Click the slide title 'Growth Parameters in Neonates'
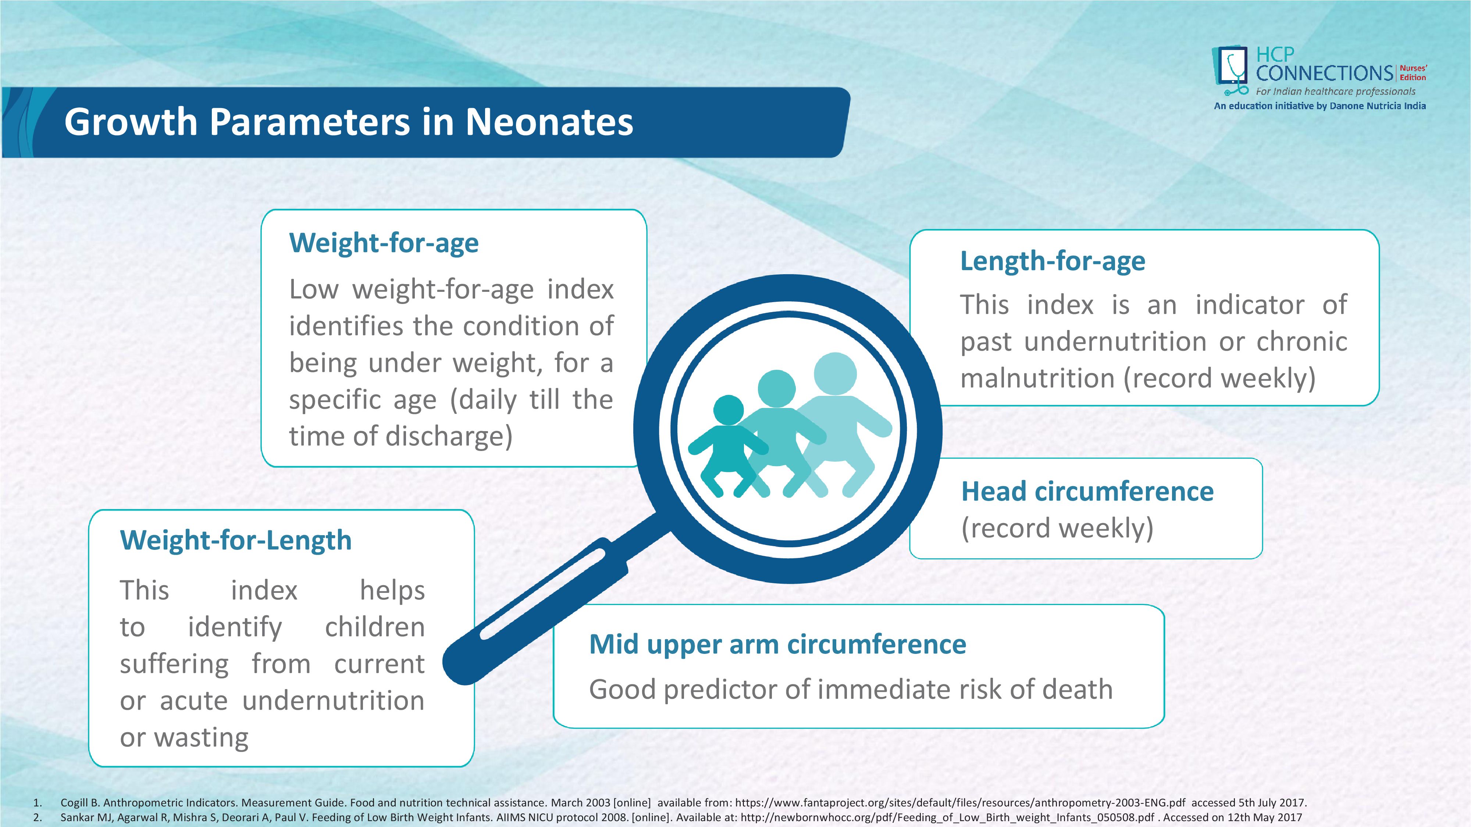point(348,122)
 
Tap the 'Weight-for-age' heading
point(384,243)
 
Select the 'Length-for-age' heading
point(1053,261)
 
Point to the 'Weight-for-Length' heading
point(235,540)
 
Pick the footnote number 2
point(37,817)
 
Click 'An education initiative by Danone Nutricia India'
point(1320,106)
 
